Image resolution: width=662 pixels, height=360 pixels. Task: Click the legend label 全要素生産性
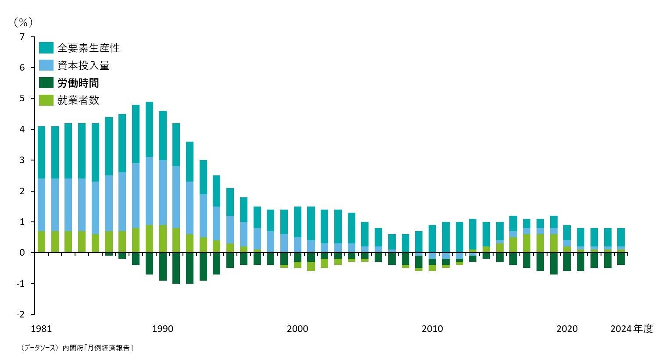tap(88, 48)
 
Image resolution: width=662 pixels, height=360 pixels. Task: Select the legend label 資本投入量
tap(83, 66)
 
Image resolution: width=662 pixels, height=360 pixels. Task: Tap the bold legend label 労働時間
tap(78, 83)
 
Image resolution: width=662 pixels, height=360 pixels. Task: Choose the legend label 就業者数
tap(78, 100)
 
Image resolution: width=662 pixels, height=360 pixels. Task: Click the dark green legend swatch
tap(46, 83)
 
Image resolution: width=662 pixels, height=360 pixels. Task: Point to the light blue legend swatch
tap(46, 66)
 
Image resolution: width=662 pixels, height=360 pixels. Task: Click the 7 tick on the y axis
tap(22, 37)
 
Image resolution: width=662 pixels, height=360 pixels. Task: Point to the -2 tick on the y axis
tap(21, 314)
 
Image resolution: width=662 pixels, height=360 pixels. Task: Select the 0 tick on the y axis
tap(22, 253)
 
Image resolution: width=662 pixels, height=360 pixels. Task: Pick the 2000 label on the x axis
tap(297, 329)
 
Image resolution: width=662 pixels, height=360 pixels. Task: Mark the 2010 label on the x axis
tap(433, 329)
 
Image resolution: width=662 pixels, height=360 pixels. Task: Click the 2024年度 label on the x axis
tap(631, 329)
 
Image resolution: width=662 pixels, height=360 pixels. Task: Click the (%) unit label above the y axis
tap(23, 22)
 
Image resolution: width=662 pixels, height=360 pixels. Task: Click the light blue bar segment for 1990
tap(163, 192)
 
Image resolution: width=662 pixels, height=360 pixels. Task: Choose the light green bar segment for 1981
tap(41, 242)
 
